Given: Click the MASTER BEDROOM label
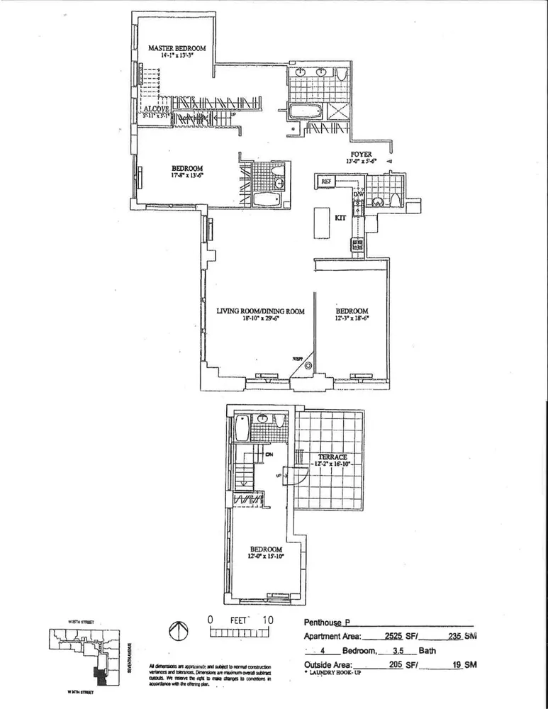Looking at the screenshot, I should [177, 48].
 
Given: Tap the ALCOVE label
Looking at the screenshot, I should [154, 108].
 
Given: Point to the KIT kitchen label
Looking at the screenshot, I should [340, 218].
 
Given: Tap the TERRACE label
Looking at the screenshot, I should [332, 457].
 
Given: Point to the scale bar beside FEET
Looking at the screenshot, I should [237, 631].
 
